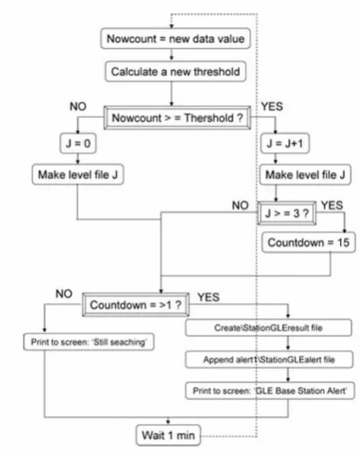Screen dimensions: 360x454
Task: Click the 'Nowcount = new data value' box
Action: pos(176,38)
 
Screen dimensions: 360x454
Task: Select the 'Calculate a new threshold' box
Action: pos(176,72)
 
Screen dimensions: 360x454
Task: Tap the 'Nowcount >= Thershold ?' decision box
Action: pos(177,118)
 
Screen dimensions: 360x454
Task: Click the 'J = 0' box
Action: pos(78,143)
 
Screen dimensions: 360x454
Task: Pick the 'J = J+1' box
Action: pos(285,143)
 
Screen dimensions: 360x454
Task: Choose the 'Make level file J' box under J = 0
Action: pos(78,175)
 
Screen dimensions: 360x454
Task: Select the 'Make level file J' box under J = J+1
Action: pos(305,175)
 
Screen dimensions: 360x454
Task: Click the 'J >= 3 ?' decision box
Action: pos(287,213)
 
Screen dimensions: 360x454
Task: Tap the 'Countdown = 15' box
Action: pos(308,243)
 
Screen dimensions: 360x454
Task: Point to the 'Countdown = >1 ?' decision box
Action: pos(136,305)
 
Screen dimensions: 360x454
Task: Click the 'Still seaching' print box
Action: pos(88,342)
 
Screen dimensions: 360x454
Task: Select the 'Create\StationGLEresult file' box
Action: pos(269,328)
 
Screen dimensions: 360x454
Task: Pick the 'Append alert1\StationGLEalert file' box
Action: pos(269,359)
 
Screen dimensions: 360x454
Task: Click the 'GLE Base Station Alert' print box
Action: pos(269,390)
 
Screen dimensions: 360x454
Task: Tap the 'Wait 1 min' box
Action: pos(168,435)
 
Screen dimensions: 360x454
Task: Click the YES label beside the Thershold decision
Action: pos(272,107)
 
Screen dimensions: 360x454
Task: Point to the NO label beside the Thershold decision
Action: pos(78,107)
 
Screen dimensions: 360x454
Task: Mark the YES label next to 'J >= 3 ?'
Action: pos(332,205)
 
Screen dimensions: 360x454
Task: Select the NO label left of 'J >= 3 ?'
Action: pos(240,205)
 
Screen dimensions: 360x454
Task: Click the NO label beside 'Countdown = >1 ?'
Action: pos(64,293)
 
